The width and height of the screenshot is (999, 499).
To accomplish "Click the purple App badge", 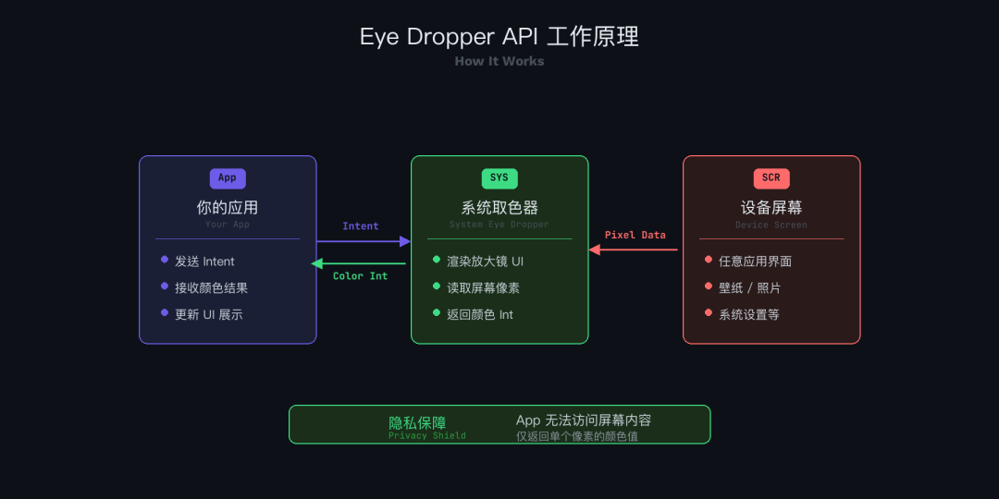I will [228, 178].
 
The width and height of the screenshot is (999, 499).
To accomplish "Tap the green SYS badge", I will [499, 178].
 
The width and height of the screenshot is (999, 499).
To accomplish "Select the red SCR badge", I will [771, 178].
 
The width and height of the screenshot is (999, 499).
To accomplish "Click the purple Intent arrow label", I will [361, 226].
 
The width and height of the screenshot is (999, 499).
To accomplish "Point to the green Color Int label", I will [360, 276].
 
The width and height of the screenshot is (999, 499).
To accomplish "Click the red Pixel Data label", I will [635, 235].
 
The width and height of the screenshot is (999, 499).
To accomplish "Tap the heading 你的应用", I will [228, 207].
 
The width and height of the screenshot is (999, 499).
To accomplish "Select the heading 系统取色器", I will [499, 207].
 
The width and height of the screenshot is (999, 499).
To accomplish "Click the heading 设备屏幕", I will [771, 207].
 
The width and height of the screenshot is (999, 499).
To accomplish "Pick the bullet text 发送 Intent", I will [204, 262].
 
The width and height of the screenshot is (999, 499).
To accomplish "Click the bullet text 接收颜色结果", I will [211, 288].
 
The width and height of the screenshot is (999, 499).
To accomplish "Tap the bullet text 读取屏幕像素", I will [484, 288].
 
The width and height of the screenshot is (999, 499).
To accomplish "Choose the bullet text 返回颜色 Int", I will [480, 315].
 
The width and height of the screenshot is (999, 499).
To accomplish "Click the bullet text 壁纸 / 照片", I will [749, 288].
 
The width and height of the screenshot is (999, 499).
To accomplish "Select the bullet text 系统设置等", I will [749, 315].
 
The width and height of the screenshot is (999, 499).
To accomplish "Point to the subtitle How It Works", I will [499, 61].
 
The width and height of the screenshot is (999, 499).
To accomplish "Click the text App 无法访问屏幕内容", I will [584, 420].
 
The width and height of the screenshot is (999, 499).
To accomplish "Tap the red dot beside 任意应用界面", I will [709, 260].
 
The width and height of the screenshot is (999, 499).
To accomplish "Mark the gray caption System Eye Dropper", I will [499, 225].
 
